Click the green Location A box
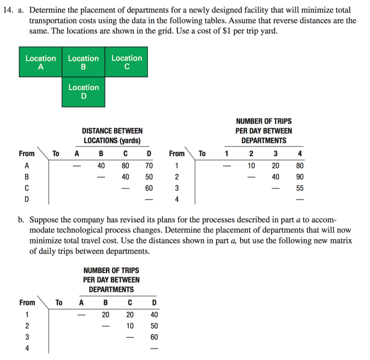point(40,62)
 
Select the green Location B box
point(83,62)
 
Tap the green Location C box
point(126,62)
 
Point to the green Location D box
point(83,91)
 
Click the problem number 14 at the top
point(8,10)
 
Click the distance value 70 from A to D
point(149,166)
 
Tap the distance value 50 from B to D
point(149,177)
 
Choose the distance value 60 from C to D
point(149,188)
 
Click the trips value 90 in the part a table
point(299,177)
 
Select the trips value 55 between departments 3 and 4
point(299,188)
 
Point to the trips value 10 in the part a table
point(251,166)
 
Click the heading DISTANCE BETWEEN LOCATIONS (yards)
point(112,136)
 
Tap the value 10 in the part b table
point(130,326)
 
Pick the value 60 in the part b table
point(154,337)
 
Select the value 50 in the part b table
point(154,326)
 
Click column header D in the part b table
point(154,303)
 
